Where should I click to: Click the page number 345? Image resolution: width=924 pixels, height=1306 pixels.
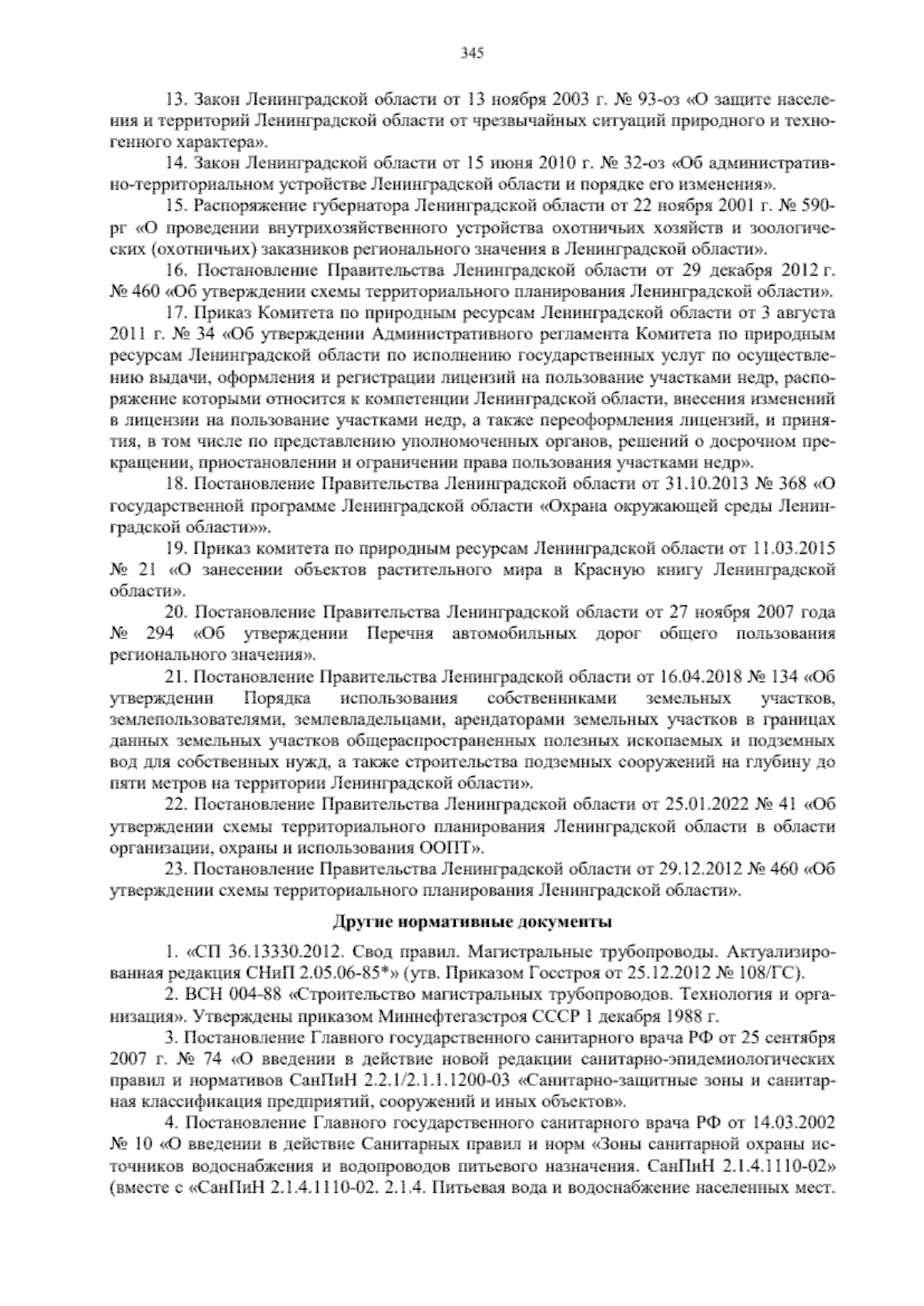click(471, 53)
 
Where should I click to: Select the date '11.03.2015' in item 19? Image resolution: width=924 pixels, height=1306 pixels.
click(794, 549)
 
